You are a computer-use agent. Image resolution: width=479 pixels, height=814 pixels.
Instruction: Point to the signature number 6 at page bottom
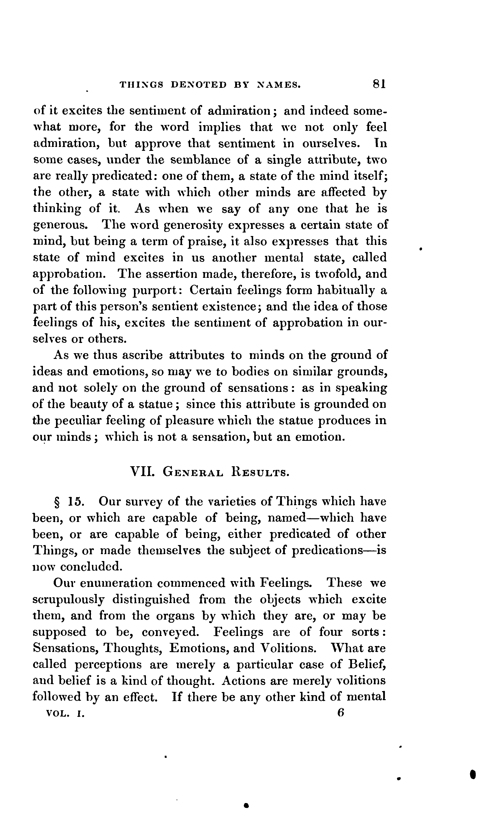[340, 712]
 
